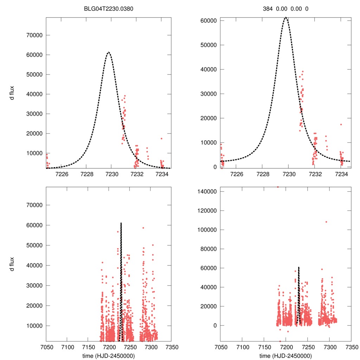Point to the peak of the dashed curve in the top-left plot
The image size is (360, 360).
[x=109, y=52]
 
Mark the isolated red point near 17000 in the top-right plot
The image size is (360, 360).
[x=341, y=124]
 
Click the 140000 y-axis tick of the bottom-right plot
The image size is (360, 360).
[x=205, y=192]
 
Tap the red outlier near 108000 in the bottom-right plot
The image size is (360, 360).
[x=326, y=222]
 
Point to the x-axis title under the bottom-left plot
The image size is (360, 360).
[x=109, y=356]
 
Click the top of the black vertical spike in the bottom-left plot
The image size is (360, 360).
[x=121, y=223]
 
